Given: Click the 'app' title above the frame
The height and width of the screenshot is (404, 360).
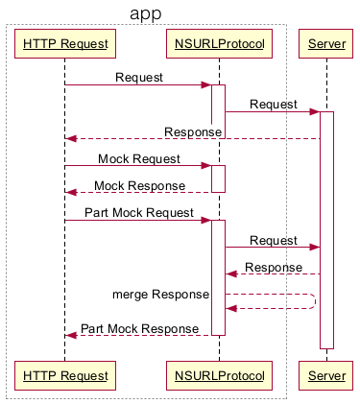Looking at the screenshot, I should [146, 13].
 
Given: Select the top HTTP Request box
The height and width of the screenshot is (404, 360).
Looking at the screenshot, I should [65, 43].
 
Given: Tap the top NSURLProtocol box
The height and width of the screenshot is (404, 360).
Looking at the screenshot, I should [218, 43].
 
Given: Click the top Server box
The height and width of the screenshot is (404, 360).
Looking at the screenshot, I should [325, 43].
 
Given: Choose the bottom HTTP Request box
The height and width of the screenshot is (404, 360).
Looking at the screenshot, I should [65, 373].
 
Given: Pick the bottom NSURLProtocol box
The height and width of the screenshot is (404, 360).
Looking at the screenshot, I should [218, 373].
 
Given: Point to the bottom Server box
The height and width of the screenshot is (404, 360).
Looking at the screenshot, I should [325, 373].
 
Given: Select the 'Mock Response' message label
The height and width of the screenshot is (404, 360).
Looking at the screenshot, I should [139, 185].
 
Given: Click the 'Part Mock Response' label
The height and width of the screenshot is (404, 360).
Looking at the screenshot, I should [139, 328].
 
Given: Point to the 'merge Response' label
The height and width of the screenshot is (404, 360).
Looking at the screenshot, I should [160, 294].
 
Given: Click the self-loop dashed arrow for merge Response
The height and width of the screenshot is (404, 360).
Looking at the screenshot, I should [313, 300].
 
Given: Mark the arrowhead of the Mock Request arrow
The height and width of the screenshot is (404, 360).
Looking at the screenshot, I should [206, 166].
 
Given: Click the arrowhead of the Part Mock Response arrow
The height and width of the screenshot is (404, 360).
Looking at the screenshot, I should [70, 335].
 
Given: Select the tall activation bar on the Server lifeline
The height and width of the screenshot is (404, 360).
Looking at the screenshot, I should [326, 230].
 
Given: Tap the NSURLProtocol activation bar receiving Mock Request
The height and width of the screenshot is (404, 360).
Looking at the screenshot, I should [218, 178].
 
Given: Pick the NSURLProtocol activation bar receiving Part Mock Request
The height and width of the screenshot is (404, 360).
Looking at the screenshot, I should [218, 277].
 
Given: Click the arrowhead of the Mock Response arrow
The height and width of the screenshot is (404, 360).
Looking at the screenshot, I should [70, 193].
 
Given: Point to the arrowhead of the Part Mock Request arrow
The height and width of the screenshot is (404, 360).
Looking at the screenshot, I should [206, 221].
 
